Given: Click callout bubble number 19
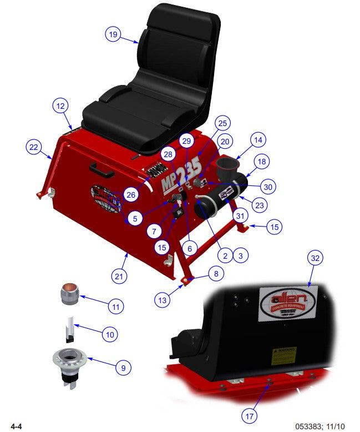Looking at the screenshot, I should [x=113, y=34].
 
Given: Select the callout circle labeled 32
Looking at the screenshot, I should [x=316, y=259].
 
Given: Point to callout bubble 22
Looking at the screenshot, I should [x=34, y=147].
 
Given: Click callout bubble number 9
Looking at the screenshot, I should [x=124, y=367].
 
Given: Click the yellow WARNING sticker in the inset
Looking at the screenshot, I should [x=283, y=355].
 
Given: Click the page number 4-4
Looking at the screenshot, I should [x=12, y=426].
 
